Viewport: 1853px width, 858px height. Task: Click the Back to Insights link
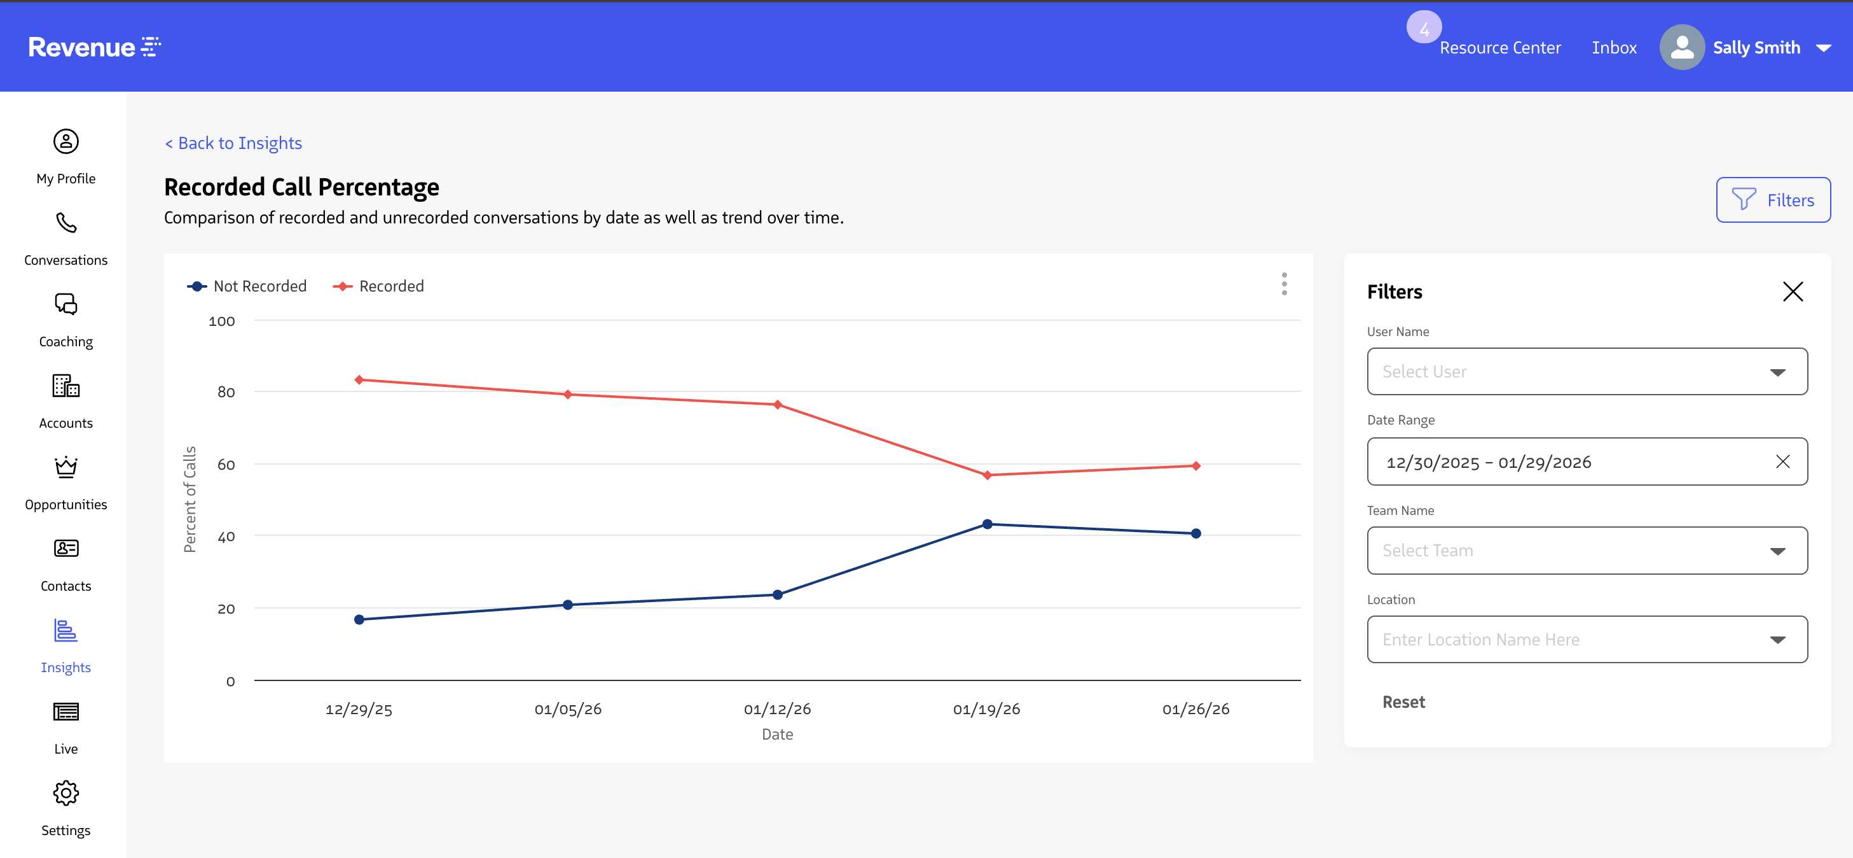pos(233,143)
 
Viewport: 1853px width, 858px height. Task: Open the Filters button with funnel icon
pos(1772,200)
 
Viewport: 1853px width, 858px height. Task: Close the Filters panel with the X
pos(1792,292)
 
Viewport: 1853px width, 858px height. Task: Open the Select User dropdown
pos(1586,372)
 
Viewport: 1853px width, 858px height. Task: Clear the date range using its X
pos(1782,461)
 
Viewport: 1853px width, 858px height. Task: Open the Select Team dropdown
pos(1586,551)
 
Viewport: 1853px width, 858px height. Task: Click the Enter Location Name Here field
pos(1586,639)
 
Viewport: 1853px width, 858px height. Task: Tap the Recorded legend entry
pos(379,286)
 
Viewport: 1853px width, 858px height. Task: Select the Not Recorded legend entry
pos(247,286)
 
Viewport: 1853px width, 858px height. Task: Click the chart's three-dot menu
pos(1284,284)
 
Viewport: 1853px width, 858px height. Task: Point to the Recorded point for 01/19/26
pos(987,475)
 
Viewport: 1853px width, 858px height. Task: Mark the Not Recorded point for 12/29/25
pos(359,620)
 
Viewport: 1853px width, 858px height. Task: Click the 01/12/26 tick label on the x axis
pos(777,709)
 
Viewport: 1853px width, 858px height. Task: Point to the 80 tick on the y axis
pos(226,392)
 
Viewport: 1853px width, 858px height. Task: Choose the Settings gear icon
pos(65,793)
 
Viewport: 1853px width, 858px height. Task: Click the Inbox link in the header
pos(1613,48)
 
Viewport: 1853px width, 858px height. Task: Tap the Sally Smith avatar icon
pos(1681,48)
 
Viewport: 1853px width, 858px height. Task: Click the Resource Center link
pos(1500,48)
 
